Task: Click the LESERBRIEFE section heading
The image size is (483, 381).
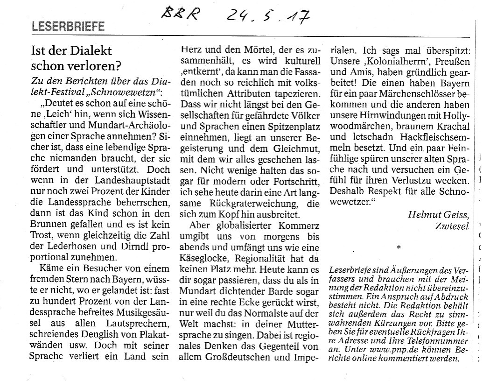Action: [68, 27]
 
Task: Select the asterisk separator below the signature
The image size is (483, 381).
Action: [399, 246]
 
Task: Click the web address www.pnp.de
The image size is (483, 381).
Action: [385, 349]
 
